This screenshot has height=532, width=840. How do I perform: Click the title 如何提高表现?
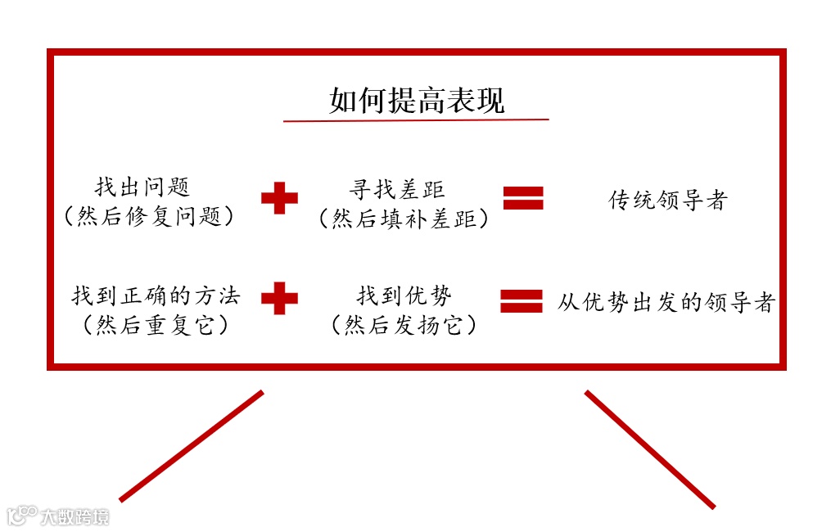pyautogui.click(x=417, y=101)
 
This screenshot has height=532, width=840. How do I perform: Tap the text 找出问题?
pyautogui.click(x=142, y=187)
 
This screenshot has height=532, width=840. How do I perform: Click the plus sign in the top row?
pyautogui.click(x=279, y=198)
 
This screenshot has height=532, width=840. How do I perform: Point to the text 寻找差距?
pyautogui.click(x=397, y=190)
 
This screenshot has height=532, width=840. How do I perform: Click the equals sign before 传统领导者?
pyautogui.click(x=523, y=198)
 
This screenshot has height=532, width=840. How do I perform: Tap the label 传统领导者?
pyautogui.click(x=668, y=201)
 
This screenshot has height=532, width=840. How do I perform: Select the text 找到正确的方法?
pyautogui.click(x=156, y=296)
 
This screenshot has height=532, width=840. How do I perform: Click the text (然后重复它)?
pyautogui.click(x=155, y=325)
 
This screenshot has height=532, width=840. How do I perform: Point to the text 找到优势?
pyautogui.click(x=404, y=296)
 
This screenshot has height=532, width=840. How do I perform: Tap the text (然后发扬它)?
pyautogui.click(x=404, y=325)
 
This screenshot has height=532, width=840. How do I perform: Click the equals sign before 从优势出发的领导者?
pyautogui.click(x=522, y=300)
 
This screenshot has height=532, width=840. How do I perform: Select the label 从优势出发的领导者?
pyautogui.click(x=666, y=302)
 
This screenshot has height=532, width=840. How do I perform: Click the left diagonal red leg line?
pyautogui.click(x=192, y=446)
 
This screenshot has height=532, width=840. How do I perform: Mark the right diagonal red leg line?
pyautogui.click(x=650, y=449)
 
